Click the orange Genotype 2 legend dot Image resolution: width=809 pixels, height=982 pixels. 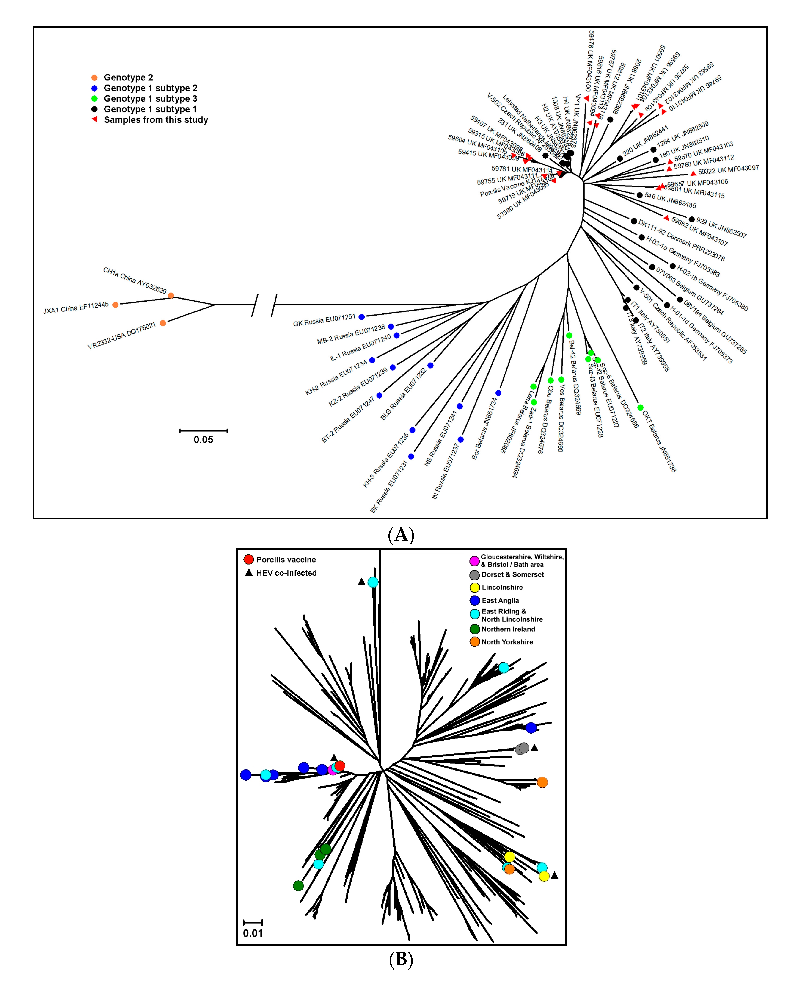[94, 78]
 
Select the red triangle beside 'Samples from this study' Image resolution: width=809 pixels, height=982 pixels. [94, 119]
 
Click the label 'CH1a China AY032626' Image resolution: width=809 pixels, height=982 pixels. [135, 280]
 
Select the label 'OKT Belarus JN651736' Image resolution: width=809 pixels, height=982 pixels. [659, 441]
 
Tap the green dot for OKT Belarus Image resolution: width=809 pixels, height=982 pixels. [640, 408]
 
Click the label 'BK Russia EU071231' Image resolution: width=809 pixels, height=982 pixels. [389, 486]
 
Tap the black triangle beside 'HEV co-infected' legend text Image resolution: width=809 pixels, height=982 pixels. [249, 572]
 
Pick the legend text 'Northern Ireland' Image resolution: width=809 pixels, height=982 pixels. [508, 629]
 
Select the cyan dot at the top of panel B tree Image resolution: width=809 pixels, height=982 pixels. [373, 582]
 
